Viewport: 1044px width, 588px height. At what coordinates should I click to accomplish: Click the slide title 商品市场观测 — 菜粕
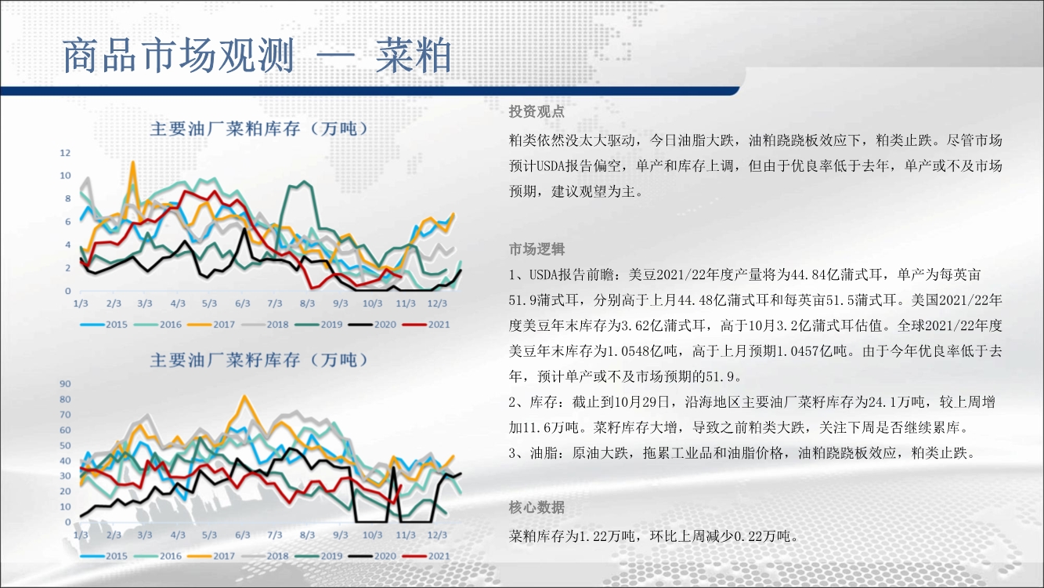257,56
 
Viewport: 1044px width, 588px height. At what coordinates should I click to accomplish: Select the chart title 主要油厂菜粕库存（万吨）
259,129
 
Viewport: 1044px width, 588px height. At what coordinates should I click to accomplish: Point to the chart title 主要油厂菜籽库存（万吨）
259,360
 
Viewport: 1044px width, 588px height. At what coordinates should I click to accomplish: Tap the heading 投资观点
536,111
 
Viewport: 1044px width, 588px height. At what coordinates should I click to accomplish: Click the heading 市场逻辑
536,249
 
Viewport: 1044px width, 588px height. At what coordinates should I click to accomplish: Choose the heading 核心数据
536,507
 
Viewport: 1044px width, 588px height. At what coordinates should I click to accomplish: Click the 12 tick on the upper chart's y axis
65,153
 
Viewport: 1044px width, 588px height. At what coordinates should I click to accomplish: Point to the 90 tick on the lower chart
65,384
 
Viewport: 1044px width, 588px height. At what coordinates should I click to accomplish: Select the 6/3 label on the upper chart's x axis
242,303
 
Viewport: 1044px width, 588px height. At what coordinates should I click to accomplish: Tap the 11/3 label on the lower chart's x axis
406,535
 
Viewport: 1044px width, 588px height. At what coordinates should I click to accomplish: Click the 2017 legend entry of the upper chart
211,325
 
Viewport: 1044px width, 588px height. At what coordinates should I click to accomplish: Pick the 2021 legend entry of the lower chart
427,556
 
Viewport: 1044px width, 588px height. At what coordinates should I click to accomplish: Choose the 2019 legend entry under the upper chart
319,325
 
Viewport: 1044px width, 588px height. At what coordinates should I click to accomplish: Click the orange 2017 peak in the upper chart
133,162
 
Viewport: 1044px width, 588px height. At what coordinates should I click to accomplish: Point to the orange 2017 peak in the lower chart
244,397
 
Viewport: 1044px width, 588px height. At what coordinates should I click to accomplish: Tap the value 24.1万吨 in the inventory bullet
897,401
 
